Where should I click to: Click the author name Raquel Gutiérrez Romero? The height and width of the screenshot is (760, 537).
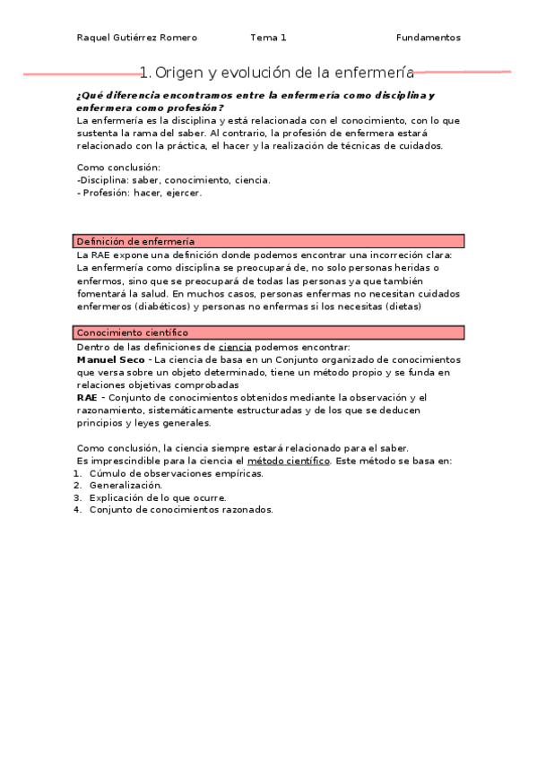(136, 38)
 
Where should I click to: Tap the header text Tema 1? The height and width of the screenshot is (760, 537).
(268, 38)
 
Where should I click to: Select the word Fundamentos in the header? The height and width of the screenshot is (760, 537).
(429, 38)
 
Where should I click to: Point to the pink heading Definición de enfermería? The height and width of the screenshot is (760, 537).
(135, 241)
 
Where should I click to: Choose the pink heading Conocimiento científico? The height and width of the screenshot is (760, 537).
(133, 332)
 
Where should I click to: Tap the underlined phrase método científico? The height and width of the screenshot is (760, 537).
(289, 461)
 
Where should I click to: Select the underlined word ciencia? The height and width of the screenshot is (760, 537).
(235, 346)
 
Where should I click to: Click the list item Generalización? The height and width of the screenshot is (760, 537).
(126, 485)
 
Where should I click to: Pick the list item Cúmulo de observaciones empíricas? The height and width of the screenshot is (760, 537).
(176, 473)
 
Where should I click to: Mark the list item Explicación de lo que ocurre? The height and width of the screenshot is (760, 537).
(158, 497)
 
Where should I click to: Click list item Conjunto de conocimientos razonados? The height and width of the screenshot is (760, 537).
(181, 510)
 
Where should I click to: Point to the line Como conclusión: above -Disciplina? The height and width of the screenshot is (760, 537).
(118, 167)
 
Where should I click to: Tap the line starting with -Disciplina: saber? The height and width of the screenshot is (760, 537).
(174, 179)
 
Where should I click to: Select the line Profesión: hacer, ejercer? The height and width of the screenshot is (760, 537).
(141, 192)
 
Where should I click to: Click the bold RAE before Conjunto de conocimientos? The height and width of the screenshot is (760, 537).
(86, 397)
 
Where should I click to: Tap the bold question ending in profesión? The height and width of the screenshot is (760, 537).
(150, 107)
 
